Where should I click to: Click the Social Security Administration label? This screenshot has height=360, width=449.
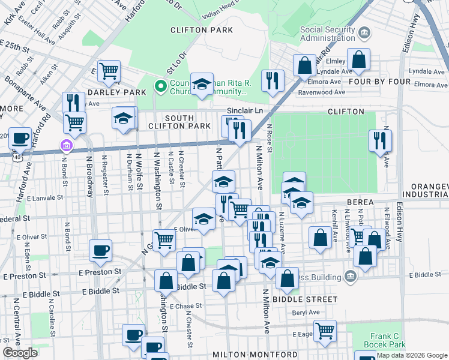[327, 34]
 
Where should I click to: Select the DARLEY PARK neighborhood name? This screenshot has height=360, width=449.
[117, 92]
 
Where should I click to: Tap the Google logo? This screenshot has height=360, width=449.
[20, 353]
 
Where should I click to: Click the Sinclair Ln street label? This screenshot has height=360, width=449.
[245, 111]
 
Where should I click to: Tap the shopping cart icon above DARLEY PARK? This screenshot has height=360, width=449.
[109, 71]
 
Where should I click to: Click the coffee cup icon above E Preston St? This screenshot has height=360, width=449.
[100, 250]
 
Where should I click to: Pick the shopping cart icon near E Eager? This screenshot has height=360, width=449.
[325, 330]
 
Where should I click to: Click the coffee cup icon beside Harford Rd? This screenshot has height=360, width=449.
[20, 138]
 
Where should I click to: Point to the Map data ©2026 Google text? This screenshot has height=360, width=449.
[412, 355]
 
